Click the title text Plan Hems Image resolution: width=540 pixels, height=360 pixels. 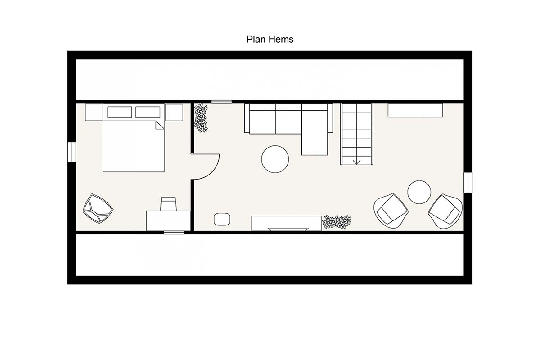[x=270, y=39]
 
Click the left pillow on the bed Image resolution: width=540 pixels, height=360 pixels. [x=120, y=112]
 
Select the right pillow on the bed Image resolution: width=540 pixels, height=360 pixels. [x=148, y=112]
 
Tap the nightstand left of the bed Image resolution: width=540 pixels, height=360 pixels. [x=94, y=112]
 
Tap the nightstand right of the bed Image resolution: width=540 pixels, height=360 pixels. [x=174, y=112]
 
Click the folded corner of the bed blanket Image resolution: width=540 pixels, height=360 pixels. [x=160, y=125]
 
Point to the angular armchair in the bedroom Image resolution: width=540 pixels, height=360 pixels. [x=98, y=208]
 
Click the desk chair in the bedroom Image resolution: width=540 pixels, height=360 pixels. [x=168, y=204]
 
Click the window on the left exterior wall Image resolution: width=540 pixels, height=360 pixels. [x=72, y=152]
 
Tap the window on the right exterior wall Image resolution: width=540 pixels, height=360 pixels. [x=468, y=182]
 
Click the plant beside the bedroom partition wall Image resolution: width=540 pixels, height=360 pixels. [x=201, y=118]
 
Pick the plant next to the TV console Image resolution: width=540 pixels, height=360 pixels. [x=337, y=221]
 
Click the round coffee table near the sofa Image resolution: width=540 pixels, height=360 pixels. [x=275, y=159]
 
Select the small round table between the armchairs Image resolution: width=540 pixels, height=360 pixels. [x=419, y=192]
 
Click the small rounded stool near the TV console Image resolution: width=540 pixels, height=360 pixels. [x=222, y=219]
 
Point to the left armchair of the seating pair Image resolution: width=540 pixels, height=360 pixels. [x=391, y=211]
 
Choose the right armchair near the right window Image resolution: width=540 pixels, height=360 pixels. [x=445, y=211]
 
